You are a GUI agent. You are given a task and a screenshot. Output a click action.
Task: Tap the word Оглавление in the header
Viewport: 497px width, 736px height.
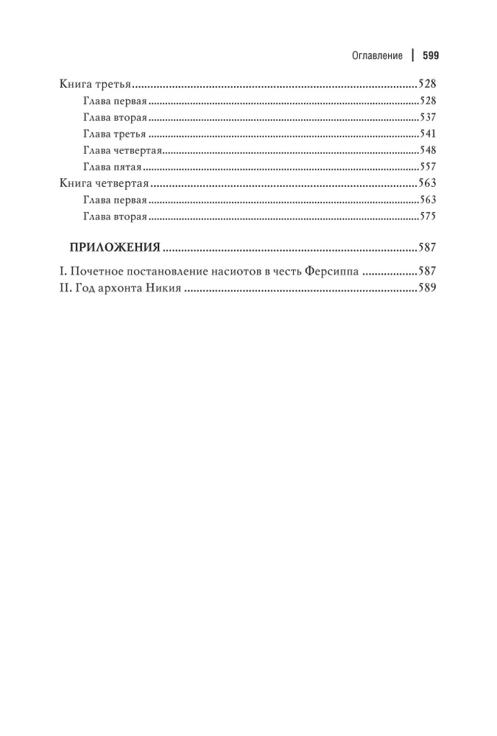tap(374, 55)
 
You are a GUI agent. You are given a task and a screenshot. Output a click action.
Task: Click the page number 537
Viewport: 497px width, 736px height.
tap(427, 117)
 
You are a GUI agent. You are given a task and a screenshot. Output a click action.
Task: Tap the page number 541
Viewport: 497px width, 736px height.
tap(427, 134)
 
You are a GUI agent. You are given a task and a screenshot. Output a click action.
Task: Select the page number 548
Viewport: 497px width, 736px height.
tap(427, 150)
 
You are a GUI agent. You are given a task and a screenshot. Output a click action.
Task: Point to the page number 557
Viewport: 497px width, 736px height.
tap(427, 167)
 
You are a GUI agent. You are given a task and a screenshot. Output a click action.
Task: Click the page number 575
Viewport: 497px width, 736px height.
tap(427, 216)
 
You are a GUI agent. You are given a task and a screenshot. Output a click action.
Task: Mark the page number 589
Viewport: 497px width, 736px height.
tap(427, 289)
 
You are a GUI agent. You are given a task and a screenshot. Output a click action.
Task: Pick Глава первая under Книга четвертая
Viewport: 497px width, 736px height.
tap(116, 200)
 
